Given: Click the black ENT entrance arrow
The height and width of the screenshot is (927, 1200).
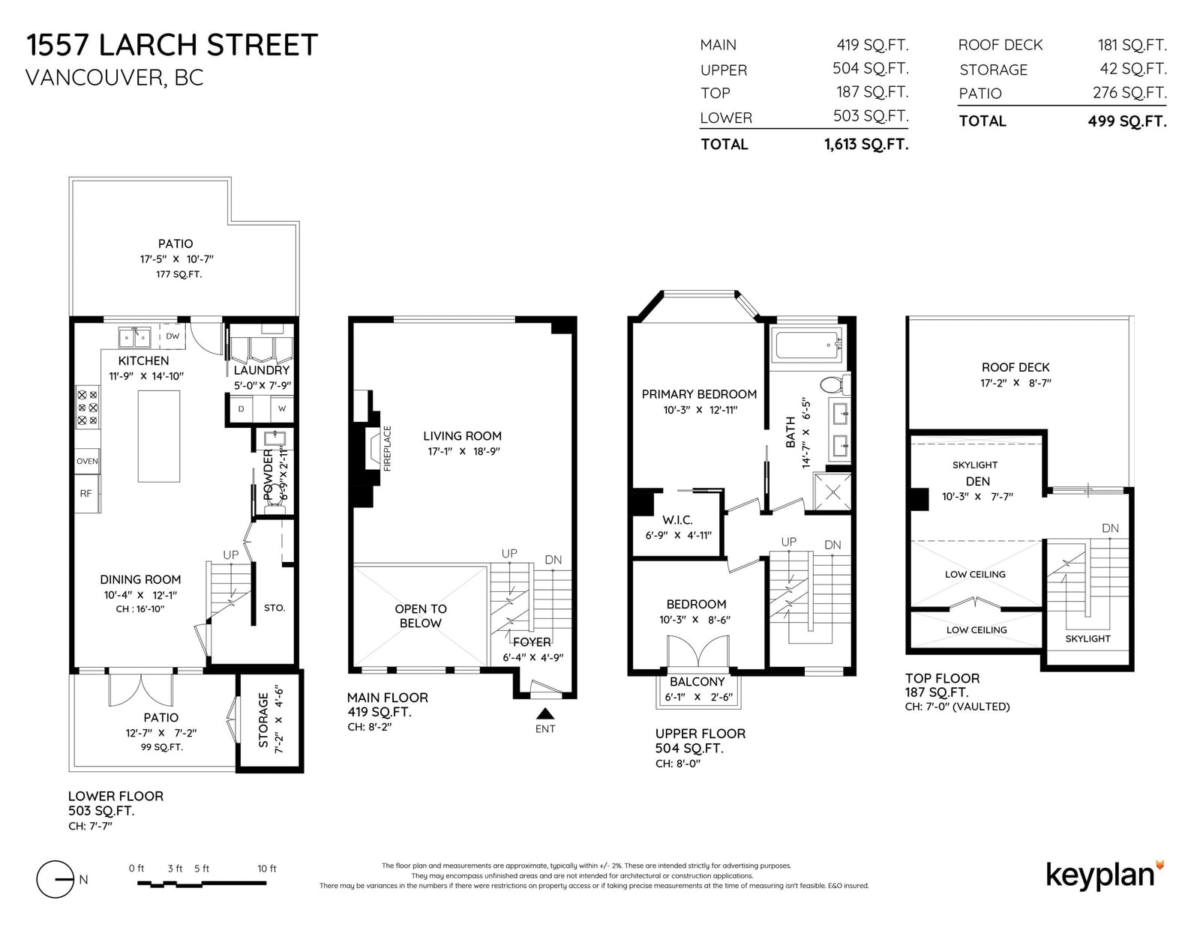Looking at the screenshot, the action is pyautogui.click(x=545, y=713).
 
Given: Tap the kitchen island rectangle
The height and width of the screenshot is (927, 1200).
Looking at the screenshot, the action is pyautogui.click(x=158, y=436).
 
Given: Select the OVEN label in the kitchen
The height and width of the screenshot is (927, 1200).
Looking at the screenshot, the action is pyautogui.click(x=87, y=462).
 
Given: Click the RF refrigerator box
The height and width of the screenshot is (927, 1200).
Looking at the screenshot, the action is pyautogui.click(x=87, y=493).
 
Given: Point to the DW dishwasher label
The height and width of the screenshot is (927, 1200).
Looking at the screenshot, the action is pyautogui.click(x=172, y=336).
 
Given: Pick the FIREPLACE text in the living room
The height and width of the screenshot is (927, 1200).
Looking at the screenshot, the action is pyautogui.click(x=387, y=448).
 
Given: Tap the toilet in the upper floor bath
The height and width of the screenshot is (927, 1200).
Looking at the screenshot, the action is pyautogui.click(x=834, y=384).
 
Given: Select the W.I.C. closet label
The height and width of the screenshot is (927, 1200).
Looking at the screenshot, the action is pyautogui.click(x=677, y=520).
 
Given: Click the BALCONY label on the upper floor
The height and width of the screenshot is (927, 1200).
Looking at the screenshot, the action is pyautogui.click(x=697, y=682).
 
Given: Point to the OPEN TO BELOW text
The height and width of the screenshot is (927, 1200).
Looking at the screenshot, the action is pyautogui.click(x=420, y=616).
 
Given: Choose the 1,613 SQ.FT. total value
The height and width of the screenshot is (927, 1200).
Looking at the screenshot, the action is pyautogui.click(x=866, y=145).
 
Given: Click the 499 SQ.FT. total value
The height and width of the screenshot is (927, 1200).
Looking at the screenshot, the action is pyautogui.click(x=1127, y=121).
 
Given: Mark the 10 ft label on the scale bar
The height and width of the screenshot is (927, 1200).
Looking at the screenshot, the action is pyautogui.click(x=267, y=869).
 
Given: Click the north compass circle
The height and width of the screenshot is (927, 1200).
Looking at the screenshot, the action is pyautogui.click(x=55, y=879).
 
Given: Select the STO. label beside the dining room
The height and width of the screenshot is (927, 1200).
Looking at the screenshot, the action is pyautogui.click(x=274, y=608).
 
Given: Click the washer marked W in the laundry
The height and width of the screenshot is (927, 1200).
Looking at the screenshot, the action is pyautogui.click(x=282, y=409).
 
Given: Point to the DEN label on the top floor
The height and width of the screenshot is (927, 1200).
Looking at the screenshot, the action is pyautogui.click(x=977, y=482).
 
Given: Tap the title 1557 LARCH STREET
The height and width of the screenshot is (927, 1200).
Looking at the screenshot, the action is pyautogui.click(x=172, y=45).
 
